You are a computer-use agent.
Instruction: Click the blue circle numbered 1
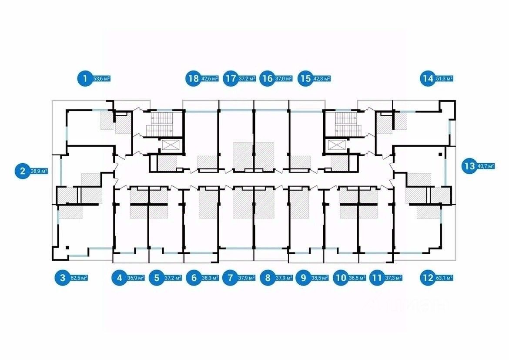(x=84, y=79)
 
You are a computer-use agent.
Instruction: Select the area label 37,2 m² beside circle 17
(x=247, y=79)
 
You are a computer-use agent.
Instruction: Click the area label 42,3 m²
(x=322, y=79)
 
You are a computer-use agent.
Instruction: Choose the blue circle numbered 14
(x=427, y=79)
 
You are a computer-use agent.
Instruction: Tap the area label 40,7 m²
(x=486, y=166)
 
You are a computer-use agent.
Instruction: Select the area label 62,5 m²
(x=80, y=277)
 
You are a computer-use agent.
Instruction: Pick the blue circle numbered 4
(x=119, y=277)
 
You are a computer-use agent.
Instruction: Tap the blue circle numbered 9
(x=303, y=277)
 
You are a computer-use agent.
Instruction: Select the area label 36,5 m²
(x=356, y=277)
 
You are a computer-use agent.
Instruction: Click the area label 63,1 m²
(x=445, y=277)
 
